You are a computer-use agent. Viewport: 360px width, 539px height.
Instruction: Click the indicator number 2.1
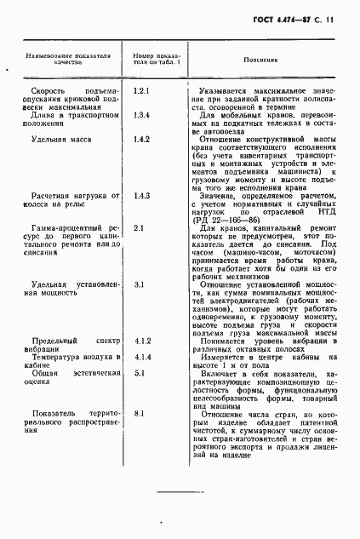coord(140,252)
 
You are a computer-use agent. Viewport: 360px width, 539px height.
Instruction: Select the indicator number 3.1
coord(140,307)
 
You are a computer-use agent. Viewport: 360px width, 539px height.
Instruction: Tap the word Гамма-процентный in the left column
coord(65,252)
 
